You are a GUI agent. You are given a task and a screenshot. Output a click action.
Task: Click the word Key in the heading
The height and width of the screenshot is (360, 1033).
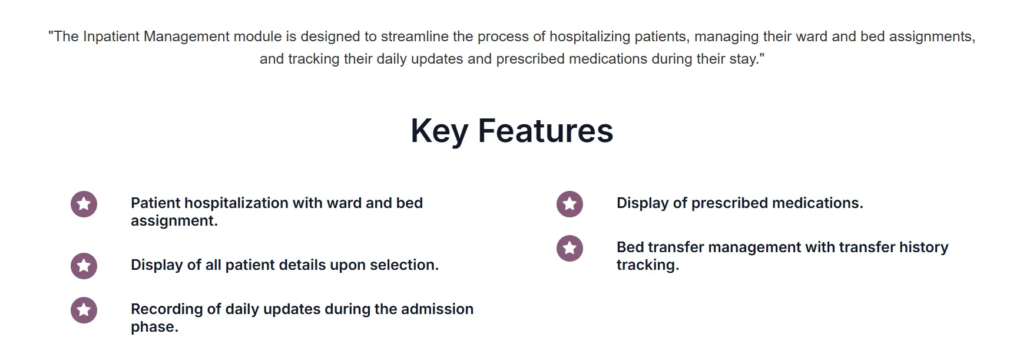(x=439, y=131)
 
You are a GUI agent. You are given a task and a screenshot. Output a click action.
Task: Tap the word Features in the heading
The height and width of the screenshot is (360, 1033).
(x=545, y=131)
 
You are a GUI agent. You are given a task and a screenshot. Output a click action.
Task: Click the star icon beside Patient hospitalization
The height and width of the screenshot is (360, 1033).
(x=84, y=204)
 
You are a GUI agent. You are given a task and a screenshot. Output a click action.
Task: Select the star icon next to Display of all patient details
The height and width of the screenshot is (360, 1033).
(x=84, y=266)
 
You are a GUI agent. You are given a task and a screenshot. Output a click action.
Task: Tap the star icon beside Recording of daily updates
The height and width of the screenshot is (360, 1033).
(x=84, y=310)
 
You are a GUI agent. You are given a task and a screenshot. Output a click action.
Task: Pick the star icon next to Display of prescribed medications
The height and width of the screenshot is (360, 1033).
(x=570, y=204)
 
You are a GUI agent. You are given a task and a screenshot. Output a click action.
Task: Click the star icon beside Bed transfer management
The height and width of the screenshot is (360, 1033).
(x=570, y=248)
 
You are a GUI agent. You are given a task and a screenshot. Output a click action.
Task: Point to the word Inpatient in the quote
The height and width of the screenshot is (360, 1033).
(x=111, y=37)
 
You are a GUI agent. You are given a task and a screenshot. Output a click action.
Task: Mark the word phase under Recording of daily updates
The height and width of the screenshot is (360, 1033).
(x=154, y=327)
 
